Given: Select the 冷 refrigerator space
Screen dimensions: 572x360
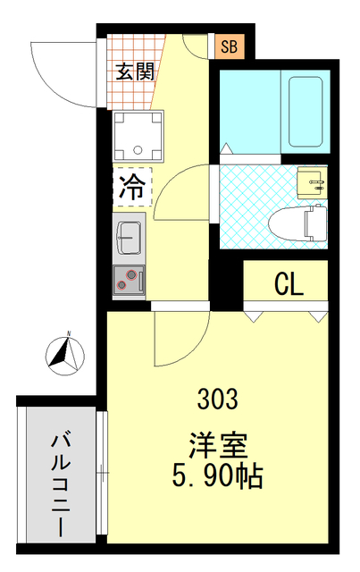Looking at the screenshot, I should point(132,187).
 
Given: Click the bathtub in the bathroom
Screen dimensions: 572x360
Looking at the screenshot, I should point(306,114).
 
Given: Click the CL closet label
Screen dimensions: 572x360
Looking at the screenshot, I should point(288,284).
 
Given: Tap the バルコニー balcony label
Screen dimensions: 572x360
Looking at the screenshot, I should point(61,483).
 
